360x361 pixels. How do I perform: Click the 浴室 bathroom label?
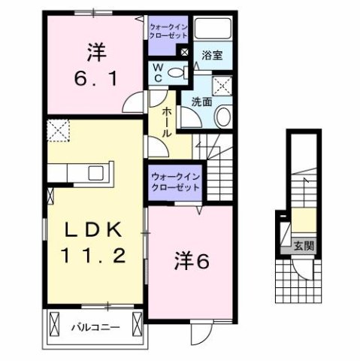click(x=210, y=54)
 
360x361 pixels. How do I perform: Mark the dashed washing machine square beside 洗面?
click(x=222, y=84)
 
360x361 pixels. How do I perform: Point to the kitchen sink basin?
click(x=96, y=172)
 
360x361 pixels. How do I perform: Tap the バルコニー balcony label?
click(x=96, y=326)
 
